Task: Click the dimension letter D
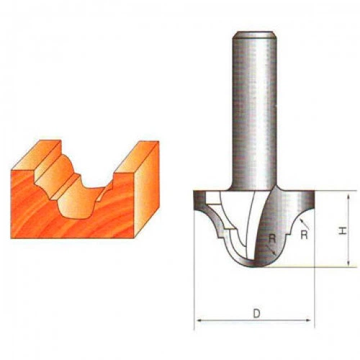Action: click(256, 313)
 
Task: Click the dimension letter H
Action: click(343, 231)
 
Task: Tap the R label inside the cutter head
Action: click(271, 238)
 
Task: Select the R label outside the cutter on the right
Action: click(304, 235)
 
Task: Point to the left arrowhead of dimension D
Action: click(199, 320)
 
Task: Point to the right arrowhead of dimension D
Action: click(308, 320)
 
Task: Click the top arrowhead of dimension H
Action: click(348, 197)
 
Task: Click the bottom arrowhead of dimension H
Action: click(348, 263)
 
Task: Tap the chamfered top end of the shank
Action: click(254, 35)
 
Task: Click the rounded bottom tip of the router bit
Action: click(254, 266)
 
